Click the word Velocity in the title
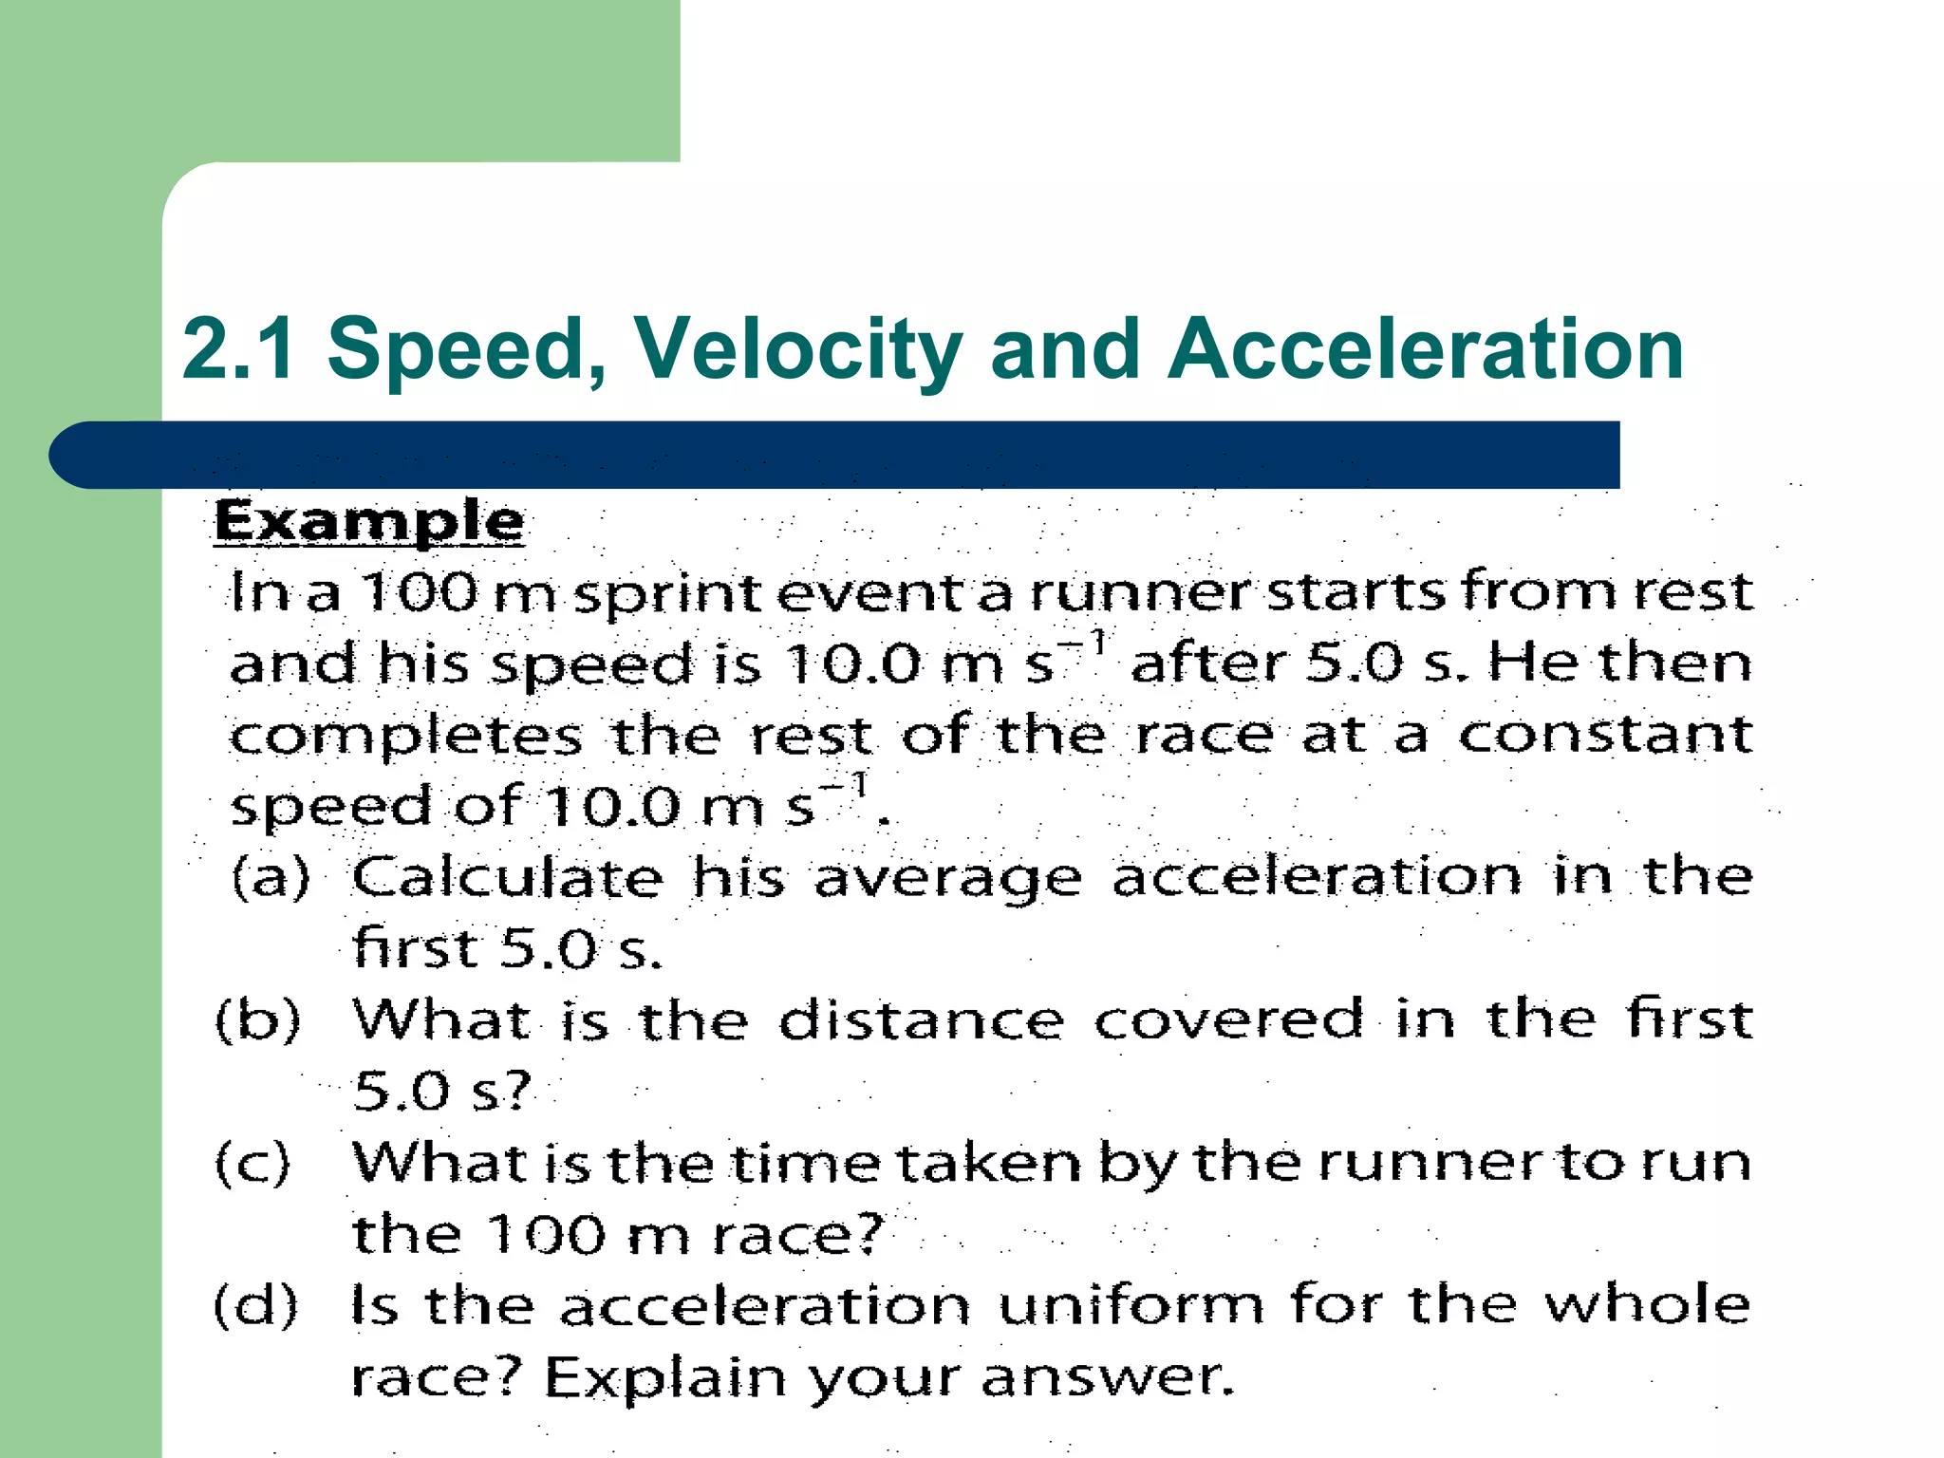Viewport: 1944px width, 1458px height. (797, 349)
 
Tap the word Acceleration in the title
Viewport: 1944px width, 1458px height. (1425, 349)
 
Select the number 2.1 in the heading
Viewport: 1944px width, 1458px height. (238, 349)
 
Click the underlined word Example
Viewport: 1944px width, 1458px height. (368, 522)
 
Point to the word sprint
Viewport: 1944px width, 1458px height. (667, 594)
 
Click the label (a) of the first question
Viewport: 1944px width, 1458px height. (271, 876)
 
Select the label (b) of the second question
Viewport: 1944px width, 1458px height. (257, 1020)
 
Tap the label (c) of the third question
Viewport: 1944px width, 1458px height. (252, 1163)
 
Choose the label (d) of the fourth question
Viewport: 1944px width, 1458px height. (255, 1305)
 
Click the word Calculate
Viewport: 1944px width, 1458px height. (508, 876)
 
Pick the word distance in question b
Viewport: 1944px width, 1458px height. (921, 1020)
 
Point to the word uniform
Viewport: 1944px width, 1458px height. (1131, 1305)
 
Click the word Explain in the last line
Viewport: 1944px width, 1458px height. (665, 1377)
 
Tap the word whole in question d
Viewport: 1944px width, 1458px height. (1646, 1304)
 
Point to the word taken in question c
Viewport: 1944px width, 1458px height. (988, 1163)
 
